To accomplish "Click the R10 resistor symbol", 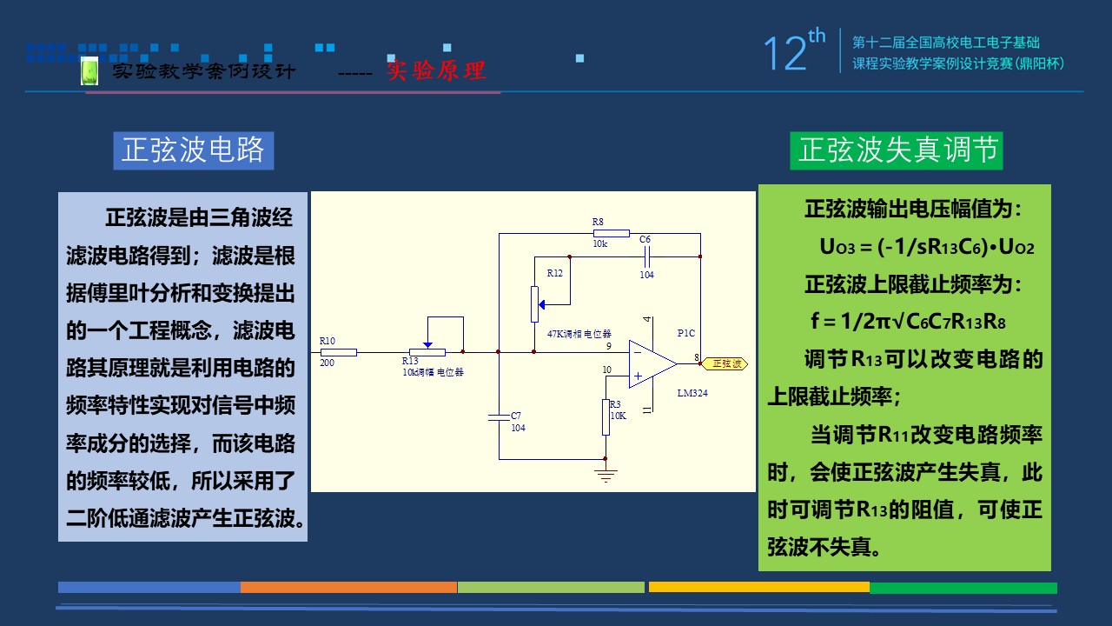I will pos(339,352).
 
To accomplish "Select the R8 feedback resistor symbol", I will pos(612,233).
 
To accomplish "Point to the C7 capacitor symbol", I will pos(499,418).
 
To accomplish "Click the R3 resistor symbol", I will pos(606,417).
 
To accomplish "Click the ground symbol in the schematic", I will pos(606,475).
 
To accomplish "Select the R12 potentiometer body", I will pos(534,303).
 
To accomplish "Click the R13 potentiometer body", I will pos(427,352).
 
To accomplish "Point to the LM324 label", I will pos(692,393).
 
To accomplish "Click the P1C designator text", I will pos(686,333).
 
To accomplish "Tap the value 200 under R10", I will pos(327,363).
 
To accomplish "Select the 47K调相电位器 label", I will pos(579,334).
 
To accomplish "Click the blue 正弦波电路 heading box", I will pos(193,150).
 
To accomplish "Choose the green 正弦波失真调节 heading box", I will pos(897,150).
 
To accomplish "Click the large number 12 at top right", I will pos(784,54).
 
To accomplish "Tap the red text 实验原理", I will pos(436,70).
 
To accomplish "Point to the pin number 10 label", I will pos(606,370).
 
